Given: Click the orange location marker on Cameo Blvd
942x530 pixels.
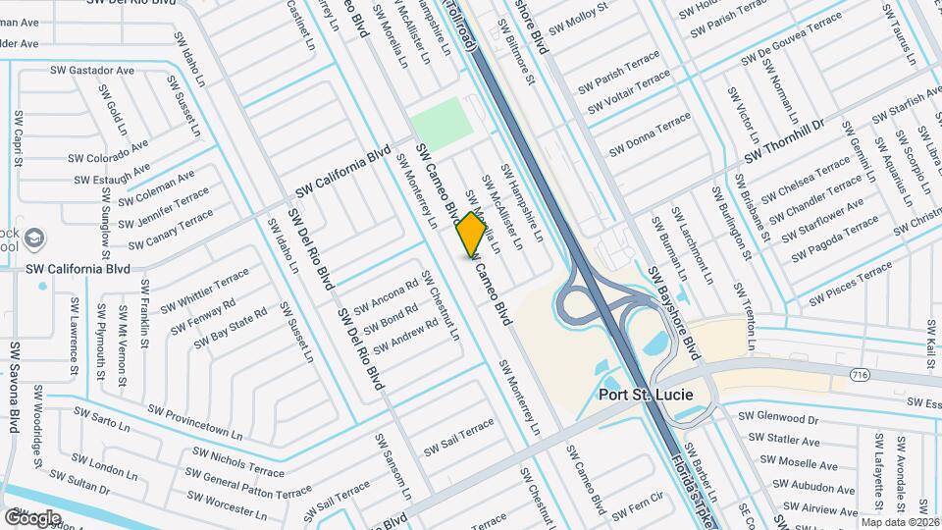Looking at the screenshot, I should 472,234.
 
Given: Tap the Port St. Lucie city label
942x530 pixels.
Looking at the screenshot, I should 646,395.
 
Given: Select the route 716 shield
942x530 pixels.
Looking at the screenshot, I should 861,375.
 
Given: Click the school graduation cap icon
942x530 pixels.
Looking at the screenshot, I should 34,238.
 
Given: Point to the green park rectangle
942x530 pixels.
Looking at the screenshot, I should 441,125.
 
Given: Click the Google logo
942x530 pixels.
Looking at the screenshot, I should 32,517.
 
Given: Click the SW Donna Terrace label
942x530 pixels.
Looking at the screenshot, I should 650,135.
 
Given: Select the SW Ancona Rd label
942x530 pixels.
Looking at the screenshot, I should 385,294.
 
